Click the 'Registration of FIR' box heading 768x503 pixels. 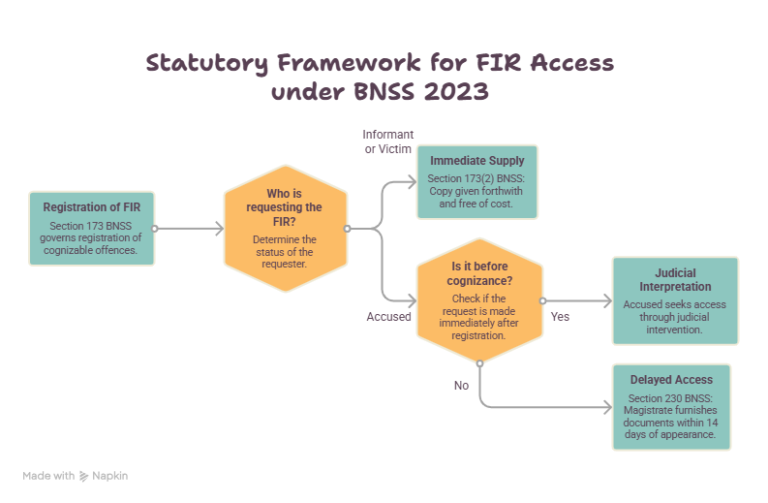pyautogui.click(x=92, y=207)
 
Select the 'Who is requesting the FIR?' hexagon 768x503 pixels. pyautogui.click(x=286, y=229)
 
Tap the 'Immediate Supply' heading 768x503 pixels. pyautogui.click(x=477, y=161)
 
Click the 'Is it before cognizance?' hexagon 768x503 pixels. pyautogui.click(x=479, y=300)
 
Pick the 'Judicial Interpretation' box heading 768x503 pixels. pyautogui.click(x=675, y=280)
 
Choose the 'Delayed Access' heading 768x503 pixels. pyautogui.click(x=671, y=380)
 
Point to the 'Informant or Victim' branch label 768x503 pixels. pyautogui.click(x=388, y=141)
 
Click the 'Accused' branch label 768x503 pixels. pyautogui.click(x=389, y=317)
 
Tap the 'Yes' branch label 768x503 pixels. pyautogui.click(x=560, y=317)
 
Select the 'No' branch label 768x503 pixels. pyautogui.click(x=461, y=386)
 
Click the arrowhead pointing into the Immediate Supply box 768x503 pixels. pyautogui.click(x=413, y=182)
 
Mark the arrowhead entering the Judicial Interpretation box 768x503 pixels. pyautogui.click(x=608, y=301)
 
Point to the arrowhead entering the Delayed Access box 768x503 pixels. pyautogui.click(x=608, y=407)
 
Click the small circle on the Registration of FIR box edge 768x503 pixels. pyautogui.click(x=155, y=229)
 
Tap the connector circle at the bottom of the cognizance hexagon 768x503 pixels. pyautogui.click(x=480, y=363)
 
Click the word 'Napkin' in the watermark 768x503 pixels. pyautogui.click(x=110, y=476)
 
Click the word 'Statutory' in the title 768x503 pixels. pyautogui.click(x=207, y=63)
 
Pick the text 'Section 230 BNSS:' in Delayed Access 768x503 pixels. pyautogui.click(x=670, y=398)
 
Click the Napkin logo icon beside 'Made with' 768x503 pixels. pyautogui.click(x=83, y=476)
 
